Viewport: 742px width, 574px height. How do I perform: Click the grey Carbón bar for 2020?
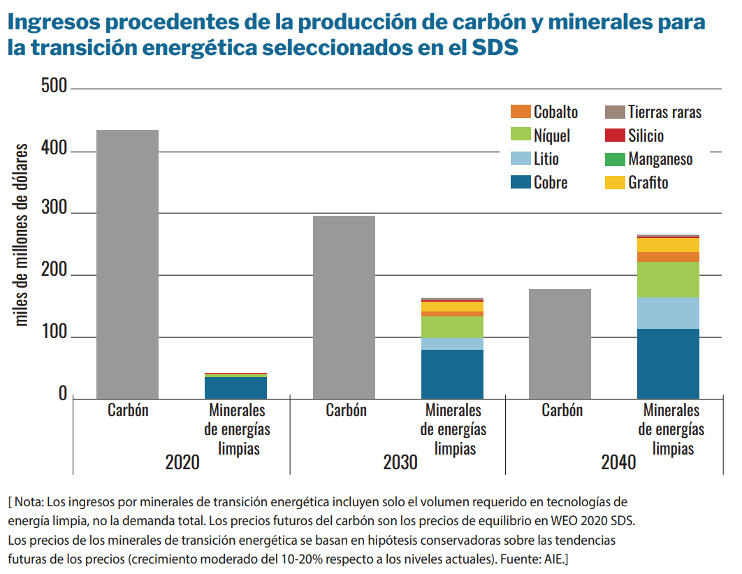[127, 264]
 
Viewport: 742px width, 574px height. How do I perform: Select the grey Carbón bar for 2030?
[344, 307]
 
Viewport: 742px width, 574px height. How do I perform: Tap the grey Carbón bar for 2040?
[560, 344]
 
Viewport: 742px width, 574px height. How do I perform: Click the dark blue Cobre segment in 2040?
[668, 363]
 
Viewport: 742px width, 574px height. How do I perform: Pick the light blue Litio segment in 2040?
[668, 313]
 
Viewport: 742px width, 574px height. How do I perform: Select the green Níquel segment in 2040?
[668, 279]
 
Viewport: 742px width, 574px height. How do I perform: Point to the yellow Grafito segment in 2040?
[668, 245]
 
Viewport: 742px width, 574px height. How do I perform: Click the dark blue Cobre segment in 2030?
[452, 374]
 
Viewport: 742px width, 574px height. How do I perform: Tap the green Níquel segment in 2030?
[452, 327]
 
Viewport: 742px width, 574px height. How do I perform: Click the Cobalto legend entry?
[545, 112]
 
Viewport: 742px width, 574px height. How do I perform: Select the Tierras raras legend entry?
[654, 112]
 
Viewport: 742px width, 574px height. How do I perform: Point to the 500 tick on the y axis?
[54, 87]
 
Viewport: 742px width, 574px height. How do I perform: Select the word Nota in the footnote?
[29, 502]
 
